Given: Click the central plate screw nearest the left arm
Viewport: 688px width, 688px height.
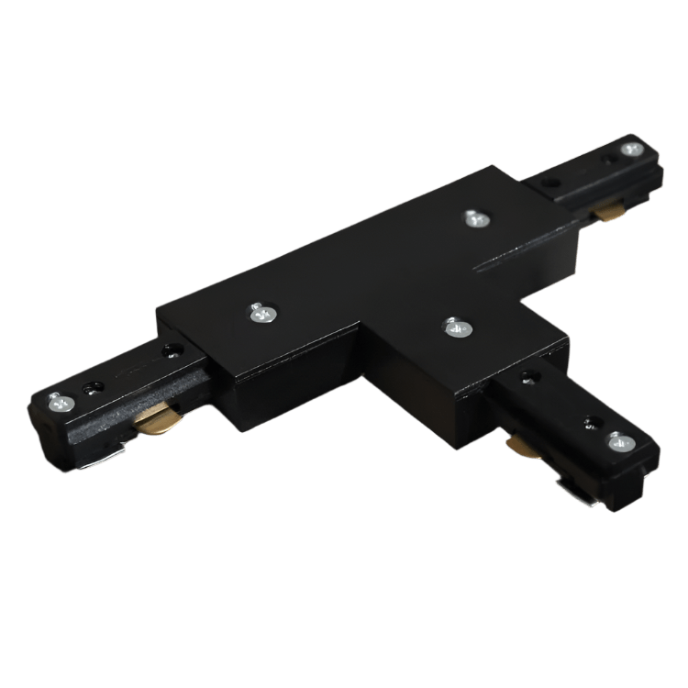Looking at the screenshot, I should tap(262, 315).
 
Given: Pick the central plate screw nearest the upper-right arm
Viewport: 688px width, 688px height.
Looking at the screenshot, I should tap(473, 217).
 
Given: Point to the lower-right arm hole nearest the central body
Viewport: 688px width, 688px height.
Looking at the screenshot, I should tap(530, 377).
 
